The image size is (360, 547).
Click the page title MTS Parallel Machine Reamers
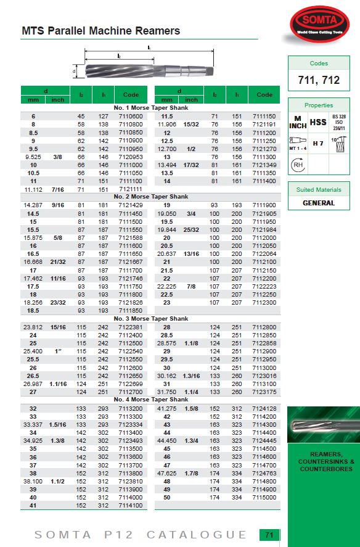(101, 30)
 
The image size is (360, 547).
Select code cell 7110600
(131, 116)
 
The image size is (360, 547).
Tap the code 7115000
(264, 497)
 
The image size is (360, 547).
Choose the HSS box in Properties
(318, 122)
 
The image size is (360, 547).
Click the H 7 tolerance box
(318, 144)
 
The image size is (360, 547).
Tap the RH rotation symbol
(298, 165)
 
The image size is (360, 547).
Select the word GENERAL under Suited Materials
(318, 203)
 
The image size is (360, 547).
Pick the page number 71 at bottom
(269, 535)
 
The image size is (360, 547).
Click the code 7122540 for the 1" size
(131, 351)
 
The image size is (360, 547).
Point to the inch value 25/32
(191, 229)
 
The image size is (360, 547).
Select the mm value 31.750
(166, 392)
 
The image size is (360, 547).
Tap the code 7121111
(131, 189)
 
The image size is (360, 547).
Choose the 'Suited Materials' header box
(318, 190)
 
